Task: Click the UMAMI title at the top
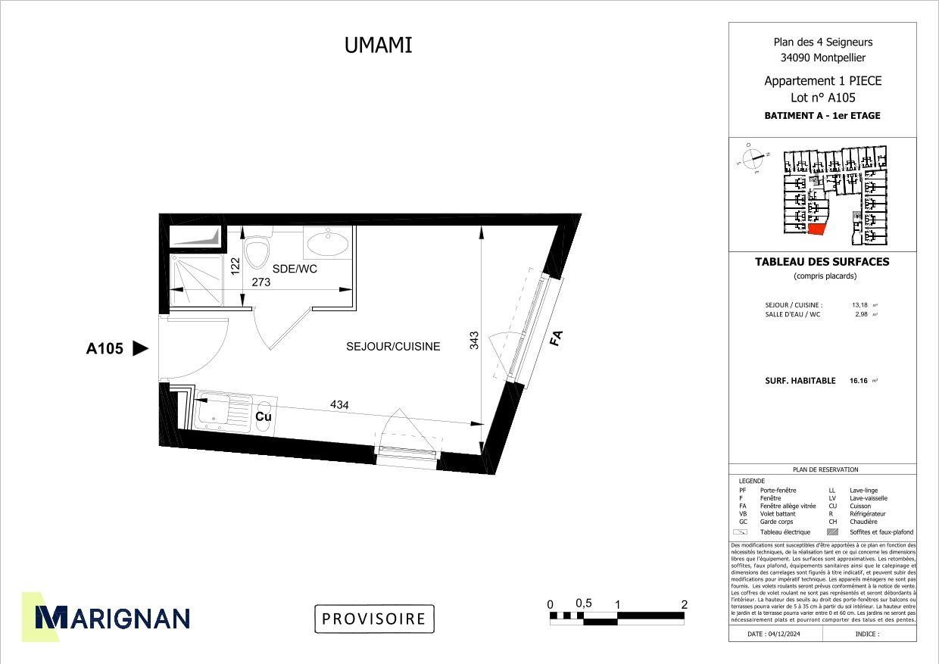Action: tap(378, 45)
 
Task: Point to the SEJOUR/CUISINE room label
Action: tap(393, 347)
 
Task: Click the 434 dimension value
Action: tap(339, 406)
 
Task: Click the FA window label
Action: tap(557, 338)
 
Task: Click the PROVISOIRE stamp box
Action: tap(374, 619)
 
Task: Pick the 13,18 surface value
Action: tap(859, 306)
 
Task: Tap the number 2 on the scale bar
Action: tap(685, 604)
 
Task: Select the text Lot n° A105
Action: tap(822, 97)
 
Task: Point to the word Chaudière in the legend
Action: tap(863, 522)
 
